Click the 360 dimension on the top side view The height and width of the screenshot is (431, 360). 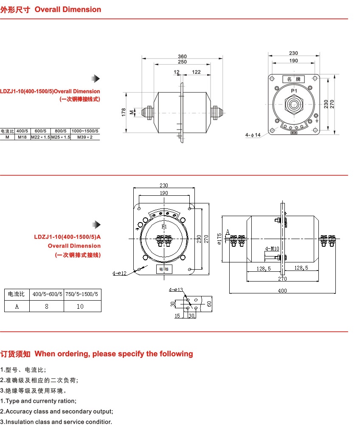tap(182, 56)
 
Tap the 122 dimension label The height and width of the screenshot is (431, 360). tap(196, 72)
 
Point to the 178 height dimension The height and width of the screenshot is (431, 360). tap(124, 112)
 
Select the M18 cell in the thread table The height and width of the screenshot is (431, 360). tap(22, 137)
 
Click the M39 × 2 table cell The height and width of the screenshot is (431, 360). tap(85, 137)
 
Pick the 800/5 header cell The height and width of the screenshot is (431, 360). tap(61, 131)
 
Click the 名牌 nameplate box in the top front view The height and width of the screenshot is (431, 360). tap(293, 79)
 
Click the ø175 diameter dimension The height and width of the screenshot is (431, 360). tap(219, 238)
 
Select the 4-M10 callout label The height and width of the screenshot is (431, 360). tap(272, 248)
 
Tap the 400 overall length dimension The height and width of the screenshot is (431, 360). tap(282, 290)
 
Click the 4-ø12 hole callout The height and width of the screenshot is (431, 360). tap(120, 273)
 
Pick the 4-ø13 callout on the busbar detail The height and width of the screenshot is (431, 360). tap(175, 290)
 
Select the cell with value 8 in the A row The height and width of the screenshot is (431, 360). tap(47, 306)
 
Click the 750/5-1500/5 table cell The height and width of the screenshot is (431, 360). tap(83, 294)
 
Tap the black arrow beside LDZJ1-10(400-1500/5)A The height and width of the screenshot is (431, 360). tap(97, 225)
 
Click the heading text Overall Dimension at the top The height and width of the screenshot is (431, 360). tap(68, 9)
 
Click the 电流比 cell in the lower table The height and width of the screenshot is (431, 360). tap(17, 294)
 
